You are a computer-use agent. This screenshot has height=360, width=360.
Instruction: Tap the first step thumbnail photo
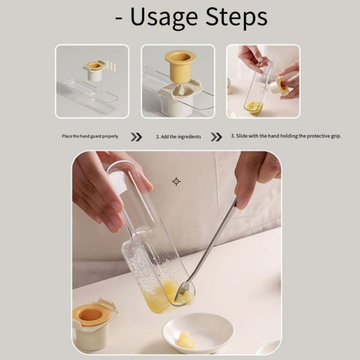(92, 81)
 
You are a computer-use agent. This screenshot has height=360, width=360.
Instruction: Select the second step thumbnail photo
(178, 81)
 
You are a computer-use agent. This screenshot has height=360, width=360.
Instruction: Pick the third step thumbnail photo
(263, 81)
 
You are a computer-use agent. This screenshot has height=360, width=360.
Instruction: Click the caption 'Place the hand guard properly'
(89, 136)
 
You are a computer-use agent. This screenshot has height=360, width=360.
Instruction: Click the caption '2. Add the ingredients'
(178, 137)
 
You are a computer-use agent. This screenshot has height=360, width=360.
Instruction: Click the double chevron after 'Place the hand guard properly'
(136, 137)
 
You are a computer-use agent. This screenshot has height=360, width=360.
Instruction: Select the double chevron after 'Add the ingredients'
(216, 137)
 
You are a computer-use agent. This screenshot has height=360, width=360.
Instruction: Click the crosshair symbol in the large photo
(176, 181)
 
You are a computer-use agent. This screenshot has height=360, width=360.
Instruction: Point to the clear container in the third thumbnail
(256, 89)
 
